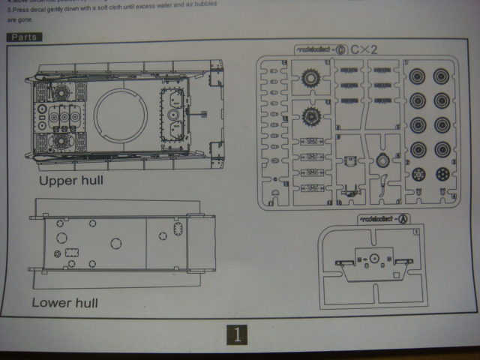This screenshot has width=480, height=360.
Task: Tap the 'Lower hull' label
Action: click(65, 303)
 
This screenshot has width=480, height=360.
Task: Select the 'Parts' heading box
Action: click(24, 37)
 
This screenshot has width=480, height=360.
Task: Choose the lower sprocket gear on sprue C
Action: click(311, 116)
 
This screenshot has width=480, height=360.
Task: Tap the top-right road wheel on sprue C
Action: click(441, 77)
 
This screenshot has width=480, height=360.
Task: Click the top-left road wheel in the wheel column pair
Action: click(418, 77)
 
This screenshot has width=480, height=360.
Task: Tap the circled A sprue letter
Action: click(402, 218)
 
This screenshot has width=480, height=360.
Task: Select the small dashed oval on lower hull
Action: click(178, 229)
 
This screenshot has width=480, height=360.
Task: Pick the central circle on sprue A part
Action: click(373, 258)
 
